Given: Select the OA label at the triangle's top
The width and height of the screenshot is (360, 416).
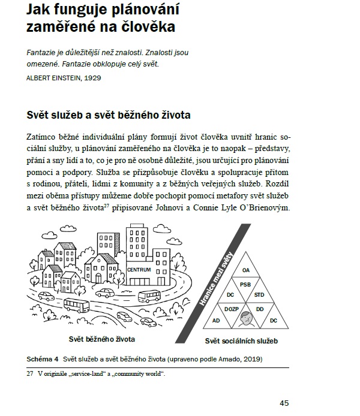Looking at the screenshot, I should pyautogui.click(x=246, y=270).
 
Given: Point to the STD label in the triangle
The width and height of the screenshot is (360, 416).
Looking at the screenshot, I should pyautogui.click(x=259, y=296).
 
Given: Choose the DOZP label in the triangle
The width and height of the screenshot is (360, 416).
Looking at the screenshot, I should pyautogui.click(x=232, y=309).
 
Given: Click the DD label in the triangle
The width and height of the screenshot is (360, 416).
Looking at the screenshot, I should pyautogui.click(x=260, y=309).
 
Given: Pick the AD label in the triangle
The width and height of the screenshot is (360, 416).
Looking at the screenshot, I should pyautogui.click(x=217, y=321).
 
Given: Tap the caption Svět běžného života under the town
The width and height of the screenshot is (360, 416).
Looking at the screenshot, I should pyautogui.click(x=101, y=339).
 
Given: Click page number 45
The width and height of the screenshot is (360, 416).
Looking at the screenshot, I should pyautogui.click(x=284, y=403).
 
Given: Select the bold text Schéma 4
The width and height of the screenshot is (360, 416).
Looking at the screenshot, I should pyautogui.click(x=42, y=359).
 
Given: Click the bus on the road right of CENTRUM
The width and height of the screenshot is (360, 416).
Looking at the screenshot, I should pyautogui.click(x=149, y=296).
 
